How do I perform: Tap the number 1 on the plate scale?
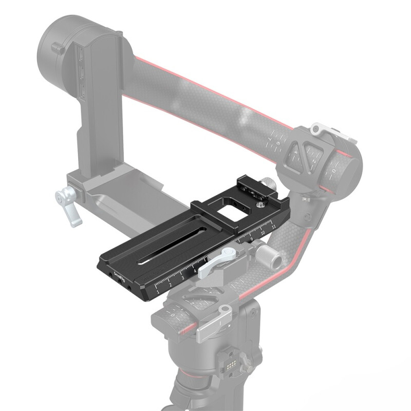[x=158, y=291]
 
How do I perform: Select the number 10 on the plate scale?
[x=263, y=233]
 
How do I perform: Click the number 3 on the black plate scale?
[x=182, y=278]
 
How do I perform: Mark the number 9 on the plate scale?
[x=251, y=239]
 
